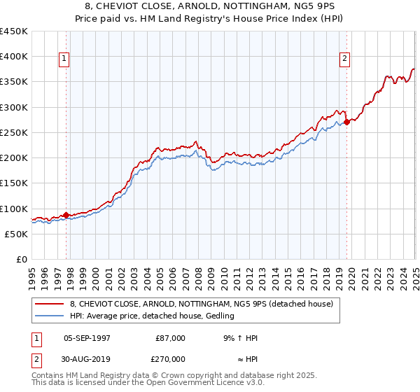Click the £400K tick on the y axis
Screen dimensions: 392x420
tap(14, 57)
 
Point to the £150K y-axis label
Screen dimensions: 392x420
tap(14, 183)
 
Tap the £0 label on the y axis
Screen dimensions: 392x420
tap(21, 259)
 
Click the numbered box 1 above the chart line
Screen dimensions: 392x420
tap(64, 59)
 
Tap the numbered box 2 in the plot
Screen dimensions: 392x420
tap(345, 59)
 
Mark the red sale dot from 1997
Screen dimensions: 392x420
tap(66, 215)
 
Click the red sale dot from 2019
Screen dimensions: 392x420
tap(347, 122)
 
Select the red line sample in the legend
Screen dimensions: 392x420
tap(49, 304)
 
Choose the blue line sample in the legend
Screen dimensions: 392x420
tap(49, 316)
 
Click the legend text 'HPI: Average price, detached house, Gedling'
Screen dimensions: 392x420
tap(152, 316)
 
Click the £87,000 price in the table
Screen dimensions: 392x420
tap(170, 338)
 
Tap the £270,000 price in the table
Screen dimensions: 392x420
tap(170, 359)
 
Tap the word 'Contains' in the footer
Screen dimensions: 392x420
tap(50, 376)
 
